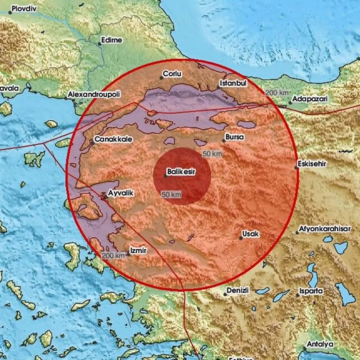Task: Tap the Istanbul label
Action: pos(233,83)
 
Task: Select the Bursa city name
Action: pos(235,137)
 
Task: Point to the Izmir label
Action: pos(139,250)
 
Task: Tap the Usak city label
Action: pos(250,234)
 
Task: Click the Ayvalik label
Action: pos(120,193)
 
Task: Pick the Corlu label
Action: pos(172,74)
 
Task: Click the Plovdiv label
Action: pos(24,9)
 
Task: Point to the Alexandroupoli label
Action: pos(94,94)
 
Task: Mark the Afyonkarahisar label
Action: pos(325,229)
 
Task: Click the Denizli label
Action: pos(238,290)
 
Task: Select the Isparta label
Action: pos(311,291)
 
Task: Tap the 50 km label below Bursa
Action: pos(212,154)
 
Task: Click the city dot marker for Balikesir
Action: pos(166,176)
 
